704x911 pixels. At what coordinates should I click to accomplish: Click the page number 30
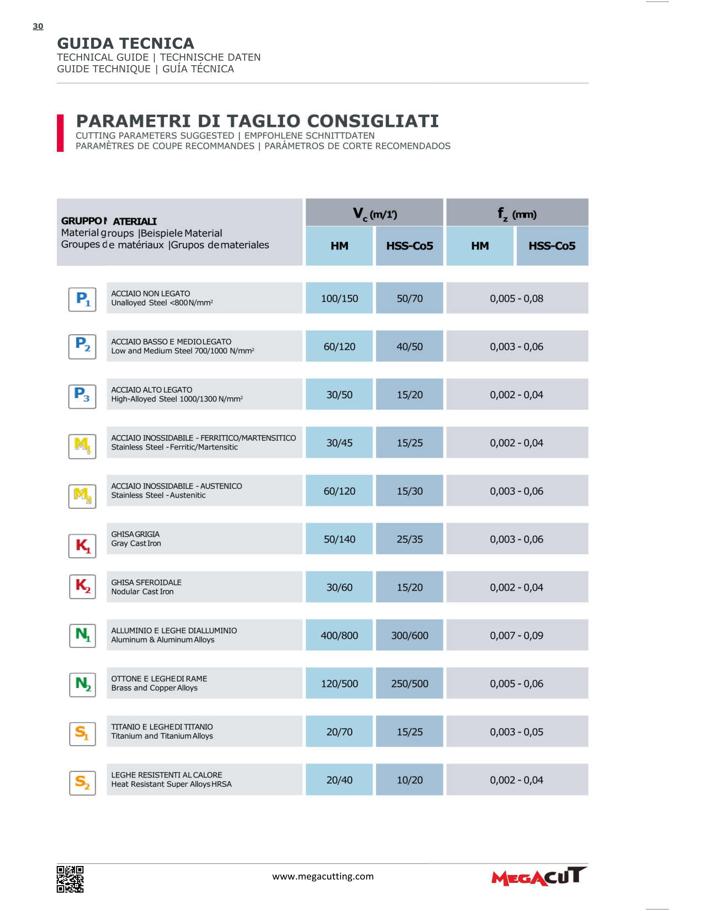coord(38,26)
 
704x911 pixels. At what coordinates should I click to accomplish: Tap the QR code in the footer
coord(70,879)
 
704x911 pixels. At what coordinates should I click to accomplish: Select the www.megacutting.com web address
coord(323,876)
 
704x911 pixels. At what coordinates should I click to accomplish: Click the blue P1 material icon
coord(82,300)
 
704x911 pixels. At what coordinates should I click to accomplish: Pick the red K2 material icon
coord(83,586)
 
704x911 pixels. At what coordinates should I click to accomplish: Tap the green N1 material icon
coord(83,635)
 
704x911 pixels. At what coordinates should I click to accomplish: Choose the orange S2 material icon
coord(83,783)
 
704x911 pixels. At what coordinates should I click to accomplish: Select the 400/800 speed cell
coord(339,635)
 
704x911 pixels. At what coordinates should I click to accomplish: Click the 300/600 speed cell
coord(409,635)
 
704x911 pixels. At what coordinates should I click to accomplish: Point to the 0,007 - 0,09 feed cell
coord(517,635)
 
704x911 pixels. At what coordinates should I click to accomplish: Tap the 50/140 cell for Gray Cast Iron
coord(339,539)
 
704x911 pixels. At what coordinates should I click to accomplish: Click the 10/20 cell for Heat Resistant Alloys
coord(409,780)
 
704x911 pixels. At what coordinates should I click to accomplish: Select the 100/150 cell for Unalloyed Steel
coord(339,298)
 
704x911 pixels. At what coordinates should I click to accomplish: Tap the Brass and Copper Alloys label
coord(154,688)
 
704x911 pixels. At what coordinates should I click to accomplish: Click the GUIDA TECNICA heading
coord(126,43)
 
